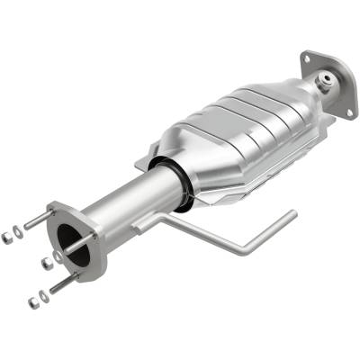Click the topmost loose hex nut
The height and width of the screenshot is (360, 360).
(7, 238)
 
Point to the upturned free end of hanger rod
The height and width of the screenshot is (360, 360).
(290, 215)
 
